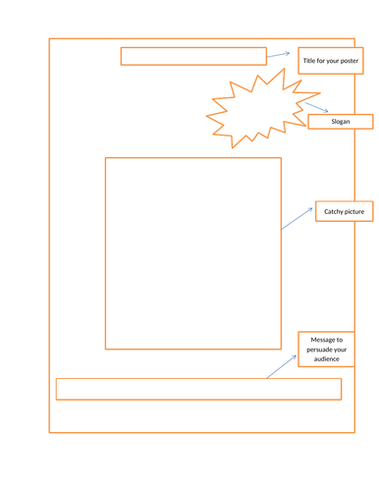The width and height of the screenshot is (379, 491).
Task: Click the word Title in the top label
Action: (310, 62)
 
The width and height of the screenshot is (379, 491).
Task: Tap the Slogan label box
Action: (341, 122)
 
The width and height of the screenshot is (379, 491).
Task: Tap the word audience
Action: (326, 359)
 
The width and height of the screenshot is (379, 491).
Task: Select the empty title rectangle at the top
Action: (193, 56)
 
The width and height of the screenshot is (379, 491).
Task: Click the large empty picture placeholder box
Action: (193, 252)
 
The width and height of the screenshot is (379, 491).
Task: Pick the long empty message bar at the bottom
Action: (198, 389)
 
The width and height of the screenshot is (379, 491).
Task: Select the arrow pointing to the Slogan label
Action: (316, 107)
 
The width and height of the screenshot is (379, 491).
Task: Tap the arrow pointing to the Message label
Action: (282, 366)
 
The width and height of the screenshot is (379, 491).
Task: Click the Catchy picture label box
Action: (344, 212)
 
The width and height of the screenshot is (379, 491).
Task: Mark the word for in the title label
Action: (320, 62)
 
